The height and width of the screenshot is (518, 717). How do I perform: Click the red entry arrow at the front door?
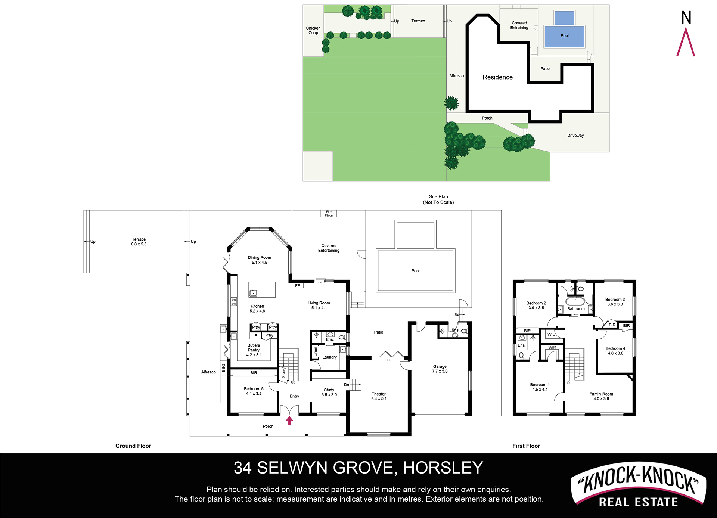click(x=289, y=421)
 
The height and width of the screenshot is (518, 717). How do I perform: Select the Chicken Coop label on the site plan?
click(x=313, y=30)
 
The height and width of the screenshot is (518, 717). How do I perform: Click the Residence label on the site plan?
click(x=497, y=77)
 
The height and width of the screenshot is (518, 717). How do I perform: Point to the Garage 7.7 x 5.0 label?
click(x=440, y=369)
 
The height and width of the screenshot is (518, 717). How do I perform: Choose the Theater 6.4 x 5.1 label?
click(x=379, y=396)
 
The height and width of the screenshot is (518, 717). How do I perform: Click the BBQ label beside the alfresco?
click(x=223, y=368)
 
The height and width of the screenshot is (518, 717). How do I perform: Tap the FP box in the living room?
click(x=298, y=286)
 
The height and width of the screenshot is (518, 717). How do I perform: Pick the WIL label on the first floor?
click(x=551, y=335)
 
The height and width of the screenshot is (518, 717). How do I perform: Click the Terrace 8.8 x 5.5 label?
click(x=139, y=242)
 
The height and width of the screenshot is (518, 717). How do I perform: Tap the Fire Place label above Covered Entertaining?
click(x=329, y=214)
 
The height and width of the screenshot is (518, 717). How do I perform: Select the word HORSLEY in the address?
click(x=443, y=468)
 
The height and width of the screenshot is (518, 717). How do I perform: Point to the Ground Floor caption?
click(x=133, y=446)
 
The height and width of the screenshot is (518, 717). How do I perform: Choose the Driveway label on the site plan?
click(x=575, y=136)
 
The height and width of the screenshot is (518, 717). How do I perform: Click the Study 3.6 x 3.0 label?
click(x=329, y=392)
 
